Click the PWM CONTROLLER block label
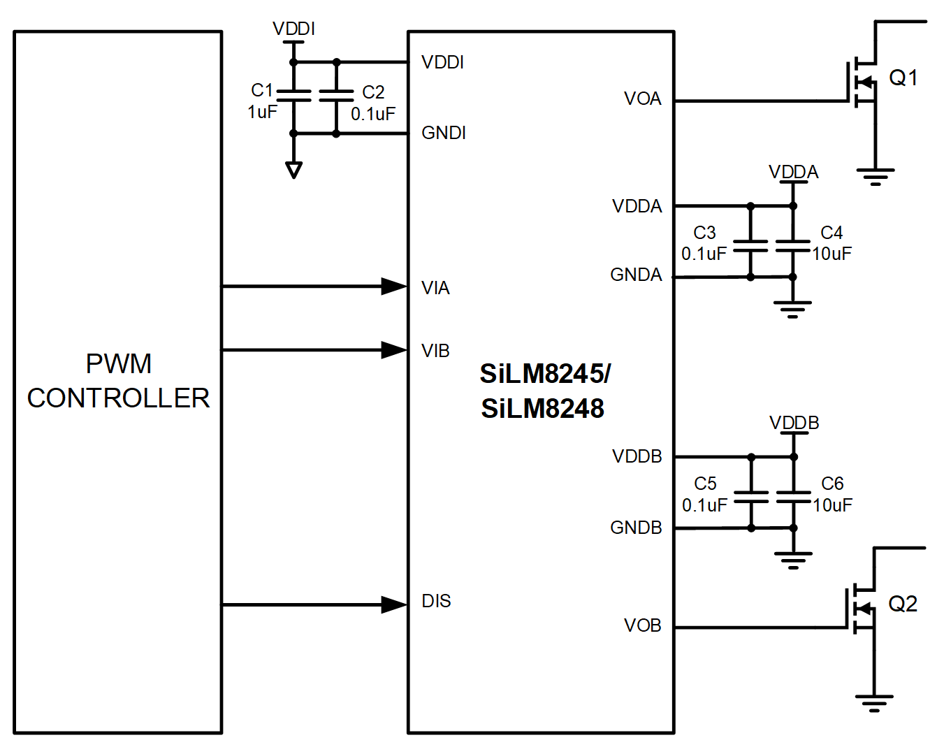(118, 381)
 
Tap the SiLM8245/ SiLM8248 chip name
(544, 391)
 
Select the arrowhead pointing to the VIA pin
(393, 286)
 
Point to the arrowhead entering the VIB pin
(393, 349)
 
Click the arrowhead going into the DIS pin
(393, 604)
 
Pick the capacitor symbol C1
(293, 96)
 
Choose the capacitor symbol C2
(336, 96)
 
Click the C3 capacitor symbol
(750, 245)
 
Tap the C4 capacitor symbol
(793, 245)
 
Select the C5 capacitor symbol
(751, 497)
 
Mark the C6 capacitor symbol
(794, 497)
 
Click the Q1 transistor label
(903, 78)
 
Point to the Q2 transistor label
(902, 604)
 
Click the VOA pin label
(642, 99)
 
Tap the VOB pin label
(642, 625)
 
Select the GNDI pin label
(444, 133)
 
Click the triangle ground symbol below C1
(293, 170)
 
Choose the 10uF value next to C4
(832, 254)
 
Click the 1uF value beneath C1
(262, 112)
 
